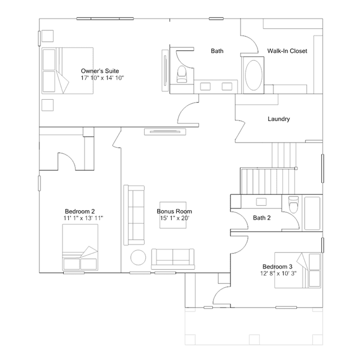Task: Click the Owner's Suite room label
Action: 100,71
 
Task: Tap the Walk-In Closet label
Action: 287,51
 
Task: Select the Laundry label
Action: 279,119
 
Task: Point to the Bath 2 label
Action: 262,217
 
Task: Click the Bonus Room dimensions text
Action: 175,218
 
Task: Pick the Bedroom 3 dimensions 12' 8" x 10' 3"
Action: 278,273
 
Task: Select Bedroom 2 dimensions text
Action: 83,218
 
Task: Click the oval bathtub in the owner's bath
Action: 254,75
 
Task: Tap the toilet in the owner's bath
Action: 182,74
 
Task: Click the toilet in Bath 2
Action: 294,205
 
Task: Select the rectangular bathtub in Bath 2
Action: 312,213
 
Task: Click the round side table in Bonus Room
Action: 138,257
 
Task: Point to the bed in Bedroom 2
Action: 80,247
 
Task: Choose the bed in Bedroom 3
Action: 298,270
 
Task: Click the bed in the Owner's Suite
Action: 68,71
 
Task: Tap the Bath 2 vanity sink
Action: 261,202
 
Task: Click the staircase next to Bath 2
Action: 268,181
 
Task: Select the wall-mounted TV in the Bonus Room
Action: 165,132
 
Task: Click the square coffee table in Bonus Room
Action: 173,215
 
